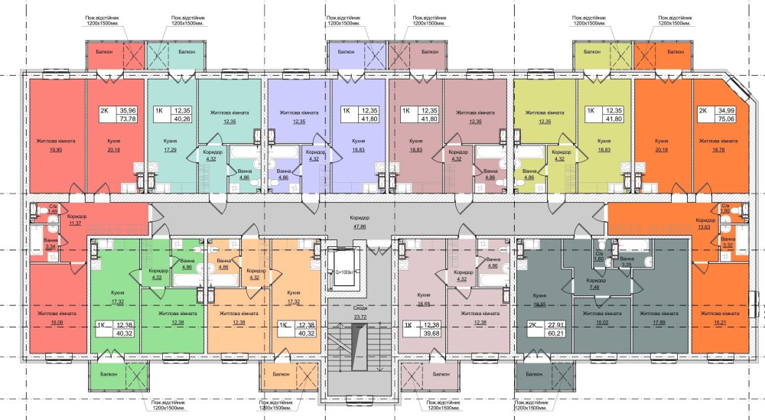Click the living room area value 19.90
pos(53,151)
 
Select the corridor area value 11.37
pos(76,224)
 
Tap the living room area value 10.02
pos(594,324)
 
